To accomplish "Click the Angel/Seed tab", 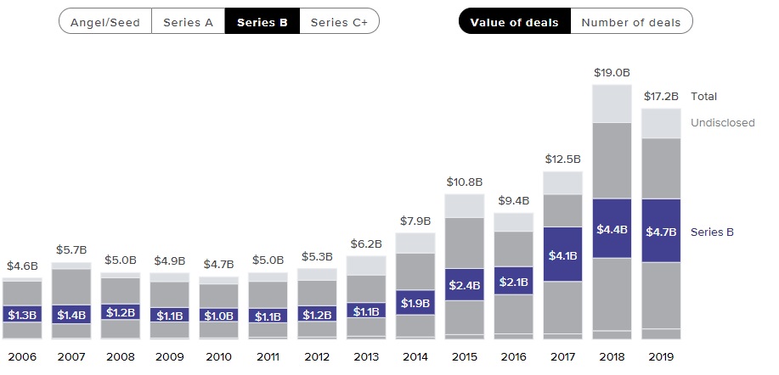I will click(104, 22).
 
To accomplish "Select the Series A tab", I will click(189, 22).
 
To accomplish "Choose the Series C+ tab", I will click(339, 22).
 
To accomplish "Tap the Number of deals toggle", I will click(630, 22).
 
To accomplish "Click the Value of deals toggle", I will click(515, 22).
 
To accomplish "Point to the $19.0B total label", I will click(612, 73).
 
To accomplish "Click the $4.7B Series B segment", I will click(661, 231).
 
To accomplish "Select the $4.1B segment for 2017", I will click(562, 255).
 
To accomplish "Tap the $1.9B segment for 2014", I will click(415, 303).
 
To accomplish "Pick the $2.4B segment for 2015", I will click(464, 284).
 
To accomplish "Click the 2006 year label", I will click(22, 356).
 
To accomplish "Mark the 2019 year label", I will click(661, 356).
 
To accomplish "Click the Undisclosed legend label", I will click(722, 123).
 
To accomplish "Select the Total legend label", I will click(704, 97).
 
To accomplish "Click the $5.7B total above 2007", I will click(71, 250).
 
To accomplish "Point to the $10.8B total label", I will click(464, 182).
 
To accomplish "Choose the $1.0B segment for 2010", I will click(218, 315).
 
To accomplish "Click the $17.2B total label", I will click(661, 97).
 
